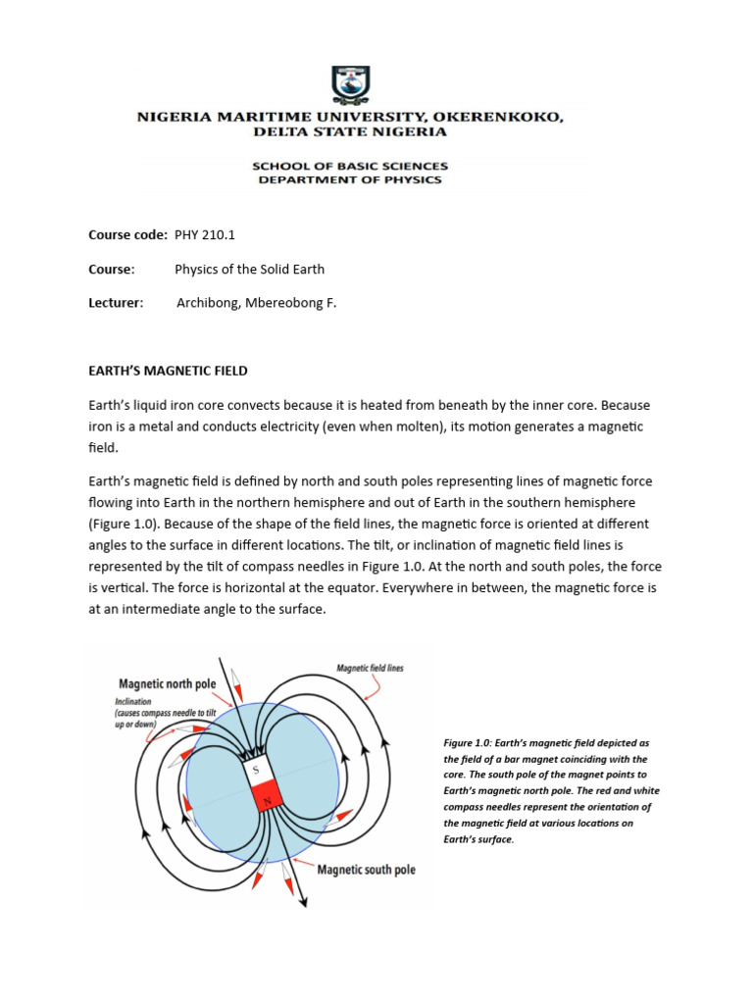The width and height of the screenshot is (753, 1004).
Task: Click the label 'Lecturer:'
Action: click(x=116, y=303)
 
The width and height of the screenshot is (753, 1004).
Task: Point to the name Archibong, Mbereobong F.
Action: click(x=256, y=303)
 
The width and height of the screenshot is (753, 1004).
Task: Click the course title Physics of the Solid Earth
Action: click(x=249, y=269)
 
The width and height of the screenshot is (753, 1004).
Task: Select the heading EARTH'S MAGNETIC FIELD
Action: click(x=168, y=371)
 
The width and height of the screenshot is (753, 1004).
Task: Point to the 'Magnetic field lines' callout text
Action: click(x=370, y=668)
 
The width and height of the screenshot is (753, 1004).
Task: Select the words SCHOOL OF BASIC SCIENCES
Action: click(x=350, y=166)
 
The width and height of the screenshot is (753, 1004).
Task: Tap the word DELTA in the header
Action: click(x=281, y=130)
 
